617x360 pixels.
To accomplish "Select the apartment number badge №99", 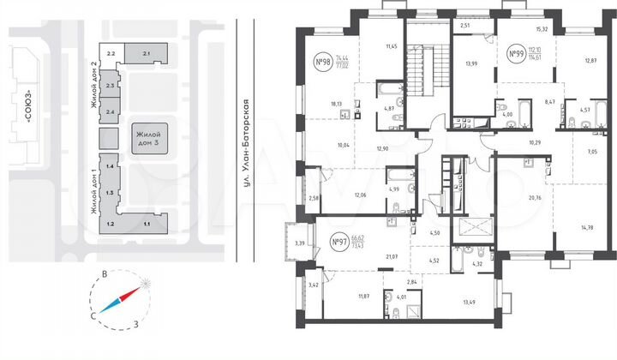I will tap(517, 54).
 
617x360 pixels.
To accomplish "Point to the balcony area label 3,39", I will tap(299, 243).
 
